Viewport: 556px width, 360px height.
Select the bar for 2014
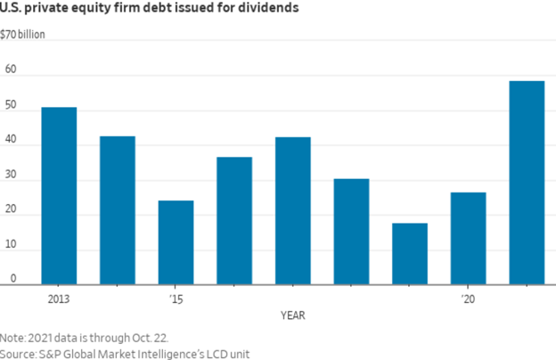(118, 210)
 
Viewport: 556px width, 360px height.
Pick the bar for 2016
(234, 221)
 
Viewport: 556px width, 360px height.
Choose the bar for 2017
(293, 211)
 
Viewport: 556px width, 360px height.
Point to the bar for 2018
(351, 232)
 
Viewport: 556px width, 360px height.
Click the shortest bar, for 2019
(410, 254)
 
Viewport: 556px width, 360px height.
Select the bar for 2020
(469, 238)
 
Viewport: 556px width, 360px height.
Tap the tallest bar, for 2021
(527, 183)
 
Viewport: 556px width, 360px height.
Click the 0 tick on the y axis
(13, 280)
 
